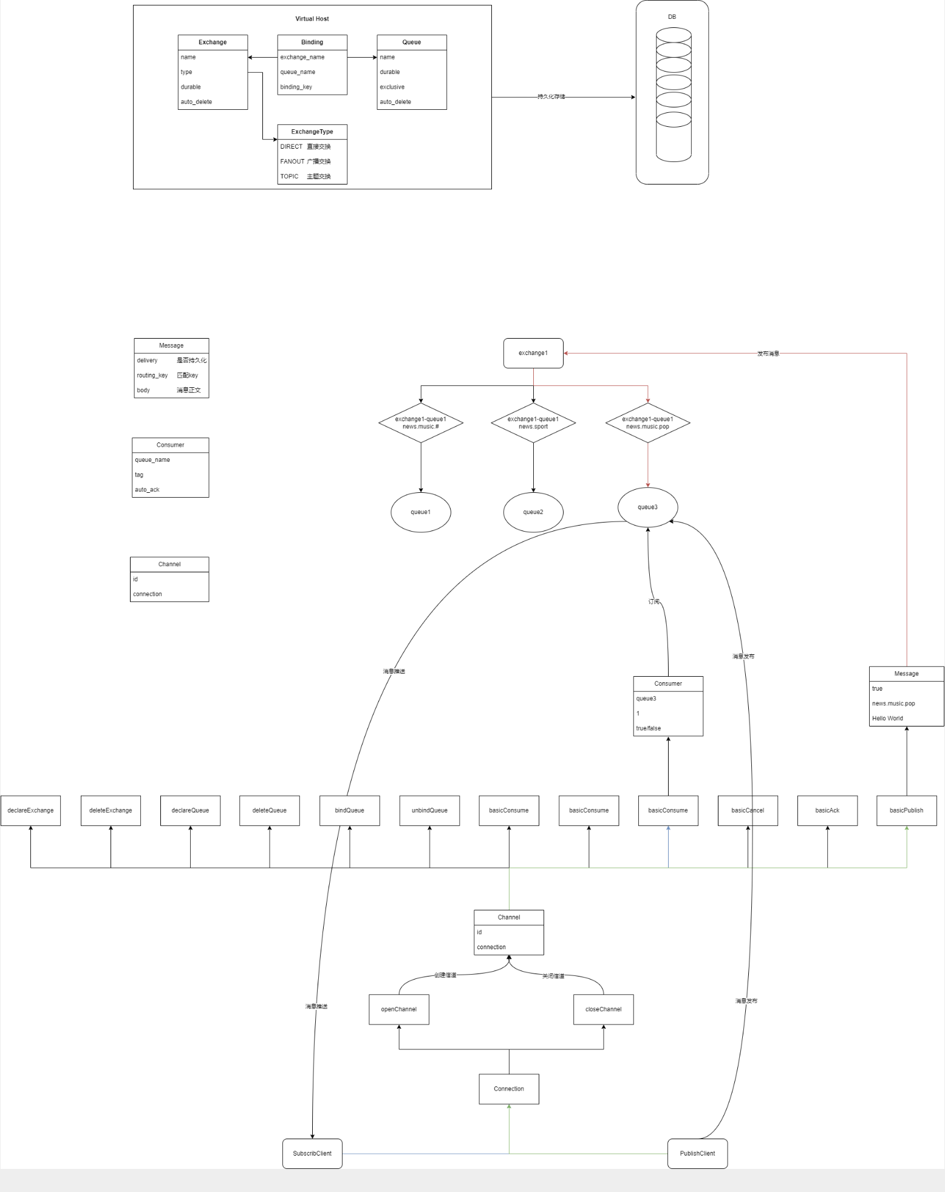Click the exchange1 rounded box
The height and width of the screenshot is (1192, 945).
click(533, 353)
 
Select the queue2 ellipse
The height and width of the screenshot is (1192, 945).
click(533, 512)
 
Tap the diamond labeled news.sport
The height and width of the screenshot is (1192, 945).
click(533, 423)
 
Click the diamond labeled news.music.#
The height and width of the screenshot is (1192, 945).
click(421, 423)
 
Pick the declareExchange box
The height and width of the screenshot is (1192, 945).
click(30, 811)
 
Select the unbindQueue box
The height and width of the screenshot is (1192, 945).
click(429, 811)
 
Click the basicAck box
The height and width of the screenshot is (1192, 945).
click(827, 811)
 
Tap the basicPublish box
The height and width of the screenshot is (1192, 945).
click(906, 811)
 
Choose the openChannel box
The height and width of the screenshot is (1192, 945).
click(399, 1009)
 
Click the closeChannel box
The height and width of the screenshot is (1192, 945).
click(603, 1009)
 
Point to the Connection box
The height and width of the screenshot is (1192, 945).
click(509, 1089)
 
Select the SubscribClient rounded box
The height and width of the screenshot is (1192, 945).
click(312, 1154)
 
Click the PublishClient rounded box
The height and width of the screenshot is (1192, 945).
click(697, 1154)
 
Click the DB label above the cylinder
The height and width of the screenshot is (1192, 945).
click(672, 17)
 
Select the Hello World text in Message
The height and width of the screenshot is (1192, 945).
click(887, 719)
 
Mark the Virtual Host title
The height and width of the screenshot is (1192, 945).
click(312, 19)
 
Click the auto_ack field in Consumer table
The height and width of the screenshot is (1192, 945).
click(147, 490)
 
